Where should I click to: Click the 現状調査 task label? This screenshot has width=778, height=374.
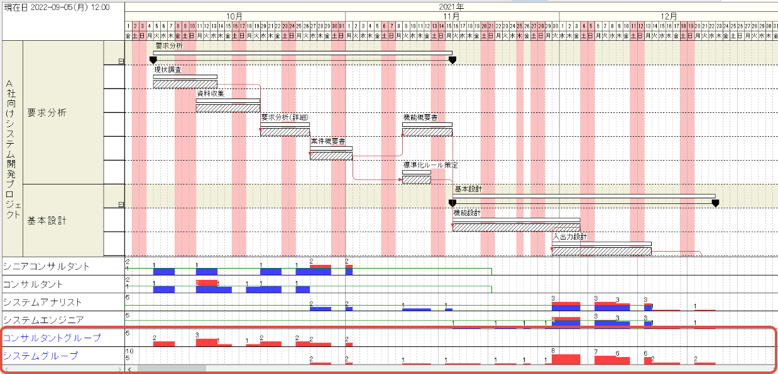[168, 70]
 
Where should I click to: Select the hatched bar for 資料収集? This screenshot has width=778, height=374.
[227, 108]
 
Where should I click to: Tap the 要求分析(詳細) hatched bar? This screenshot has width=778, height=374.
[285, 132]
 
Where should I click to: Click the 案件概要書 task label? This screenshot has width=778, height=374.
[327, 141]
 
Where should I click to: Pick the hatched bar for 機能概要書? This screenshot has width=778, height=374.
[427, 132]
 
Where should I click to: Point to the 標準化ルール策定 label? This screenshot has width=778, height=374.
[430, 165]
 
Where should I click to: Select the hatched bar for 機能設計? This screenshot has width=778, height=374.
[516, 227]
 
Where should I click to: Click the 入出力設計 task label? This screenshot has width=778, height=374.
[569, 237]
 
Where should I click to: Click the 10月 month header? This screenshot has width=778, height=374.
[234, 16]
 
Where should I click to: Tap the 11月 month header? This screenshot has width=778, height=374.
[452, 16]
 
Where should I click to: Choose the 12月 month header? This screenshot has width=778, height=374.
[669, 16]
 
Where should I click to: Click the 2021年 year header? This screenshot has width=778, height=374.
[451, 6]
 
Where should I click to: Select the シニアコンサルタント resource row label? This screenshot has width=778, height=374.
[47, 266]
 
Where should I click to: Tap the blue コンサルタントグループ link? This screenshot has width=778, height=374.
[52, 338]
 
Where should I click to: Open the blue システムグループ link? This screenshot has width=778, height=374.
[41, 356]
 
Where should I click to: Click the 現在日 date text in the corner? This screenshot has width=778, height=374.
[57, 7]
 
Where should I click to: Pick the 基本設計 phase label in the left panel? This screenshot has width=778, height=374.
[47, 220]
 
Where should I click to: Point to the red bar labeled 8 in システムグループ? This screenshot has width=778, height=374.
[566, 359]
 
